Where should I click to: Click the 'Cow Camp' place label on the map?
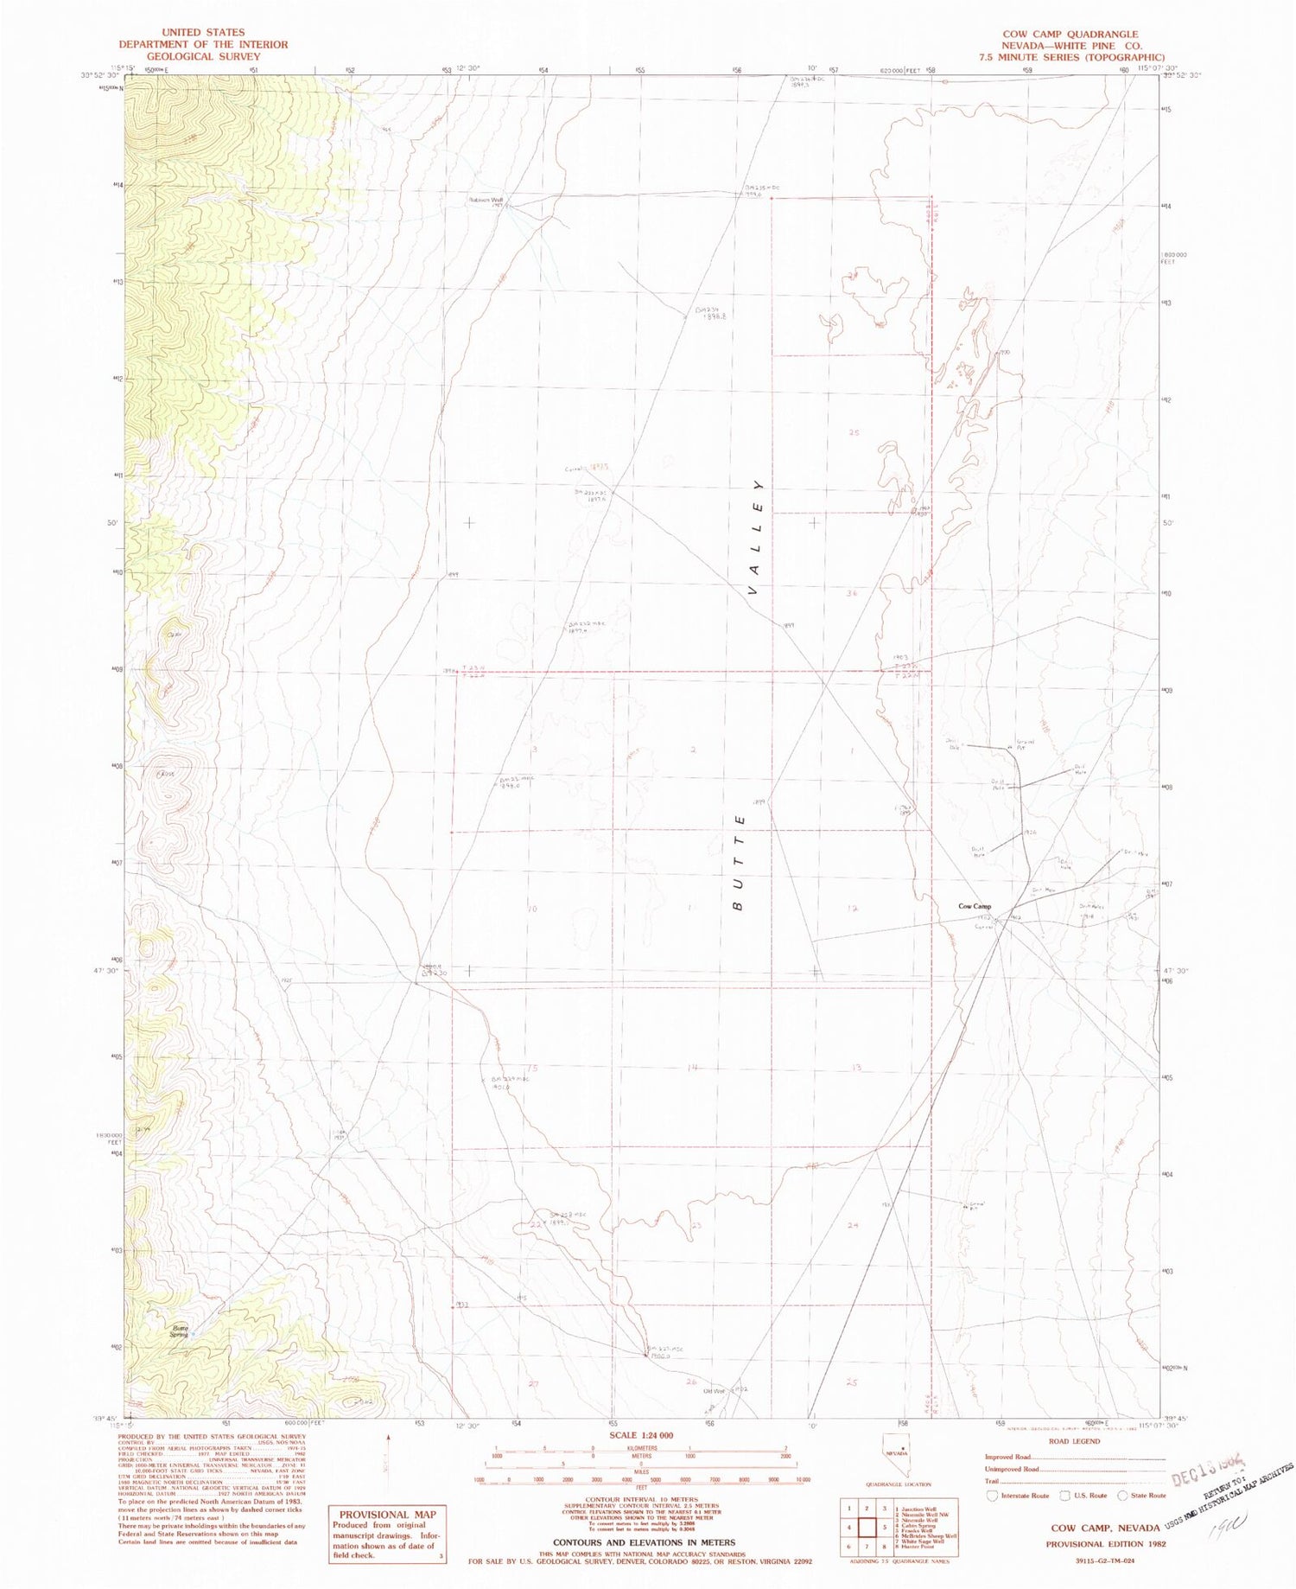[x=974, y=907]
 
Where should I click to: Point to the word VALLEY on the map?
[x=758, y=537]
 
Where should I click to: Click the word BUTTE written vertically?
[x=739, y=861]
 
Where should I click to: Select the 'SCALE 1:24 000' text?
[x=641, y=1435]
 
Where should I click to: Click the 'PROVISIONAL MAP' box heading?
[x=386, y=1515]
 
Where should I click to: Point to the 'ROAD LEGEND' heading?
[x=1075, y=1441]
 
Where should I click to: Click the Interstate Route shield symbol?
[x=993, y=1495]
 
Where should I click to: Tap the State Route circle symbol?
[x=1122, y=1495]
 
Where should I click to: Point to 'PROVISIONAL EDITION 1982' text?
[x=1102, y=1543]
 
